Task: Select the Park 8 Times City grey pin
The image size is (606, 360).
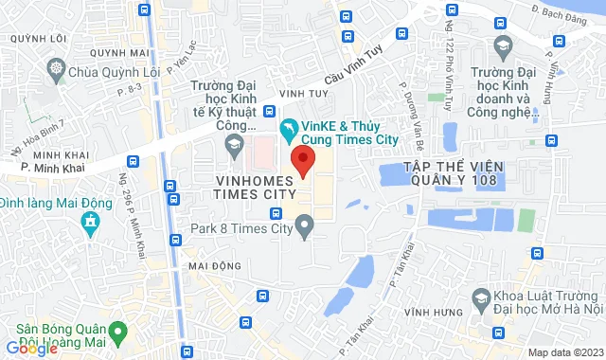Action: coord(304,225)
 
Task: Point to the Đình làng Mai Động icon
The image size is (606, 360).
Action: coord(90,224)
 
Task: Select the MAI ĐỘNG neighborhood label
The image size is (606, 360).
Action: coord(210,266)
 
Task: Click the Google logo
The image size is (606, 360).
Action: coord(31,348)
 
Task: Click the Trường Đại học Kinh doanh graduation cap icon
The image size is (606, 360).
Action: coord(504,45)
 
